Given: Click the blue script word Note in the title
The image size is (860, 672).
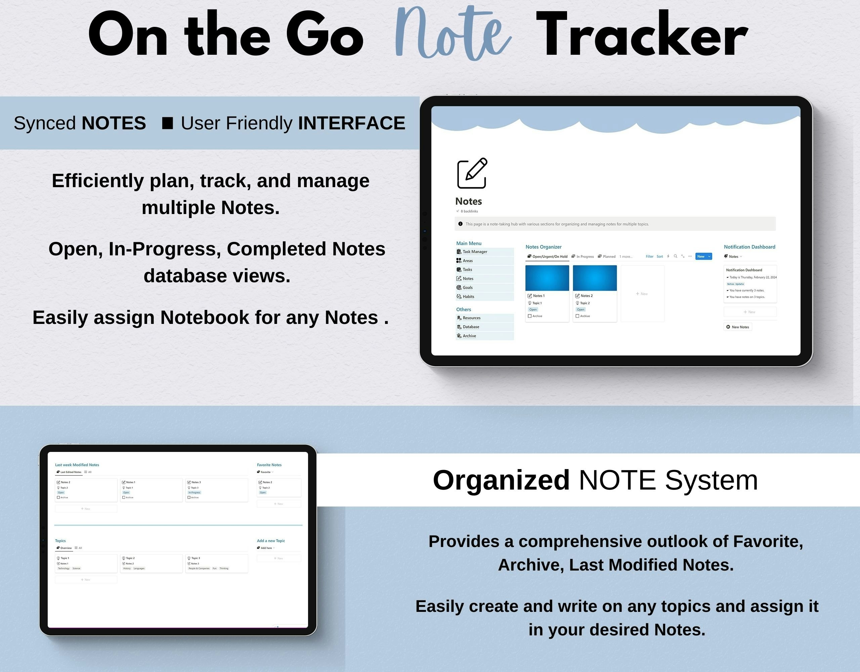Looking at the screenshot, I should click(453, 36).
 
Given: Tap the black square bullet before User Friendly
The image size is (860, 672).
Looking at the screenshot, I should click(168, 123).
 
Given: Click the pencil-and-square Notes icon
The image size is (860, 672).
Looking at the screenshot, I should click(472, 173).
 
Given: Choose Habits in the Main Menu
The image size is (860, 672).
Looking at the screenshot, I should click(468, 297).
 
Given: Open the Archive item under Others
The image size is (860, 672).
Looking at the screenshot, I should click(469, 336).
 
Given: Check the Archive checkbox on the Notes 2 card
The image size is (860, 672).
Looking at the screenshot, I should click(577, 316).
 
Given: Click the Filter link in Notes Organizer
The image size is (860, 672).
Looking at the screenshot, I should click(649, 256).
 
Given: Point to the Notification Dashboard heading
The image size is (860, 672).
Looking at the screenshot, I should click(749, 247).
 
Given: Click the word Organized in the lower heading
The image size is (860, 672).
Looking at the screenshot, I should click(501, 480).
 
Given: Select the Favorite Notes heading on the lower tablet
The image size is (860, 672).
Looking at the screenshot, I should click(269, 465).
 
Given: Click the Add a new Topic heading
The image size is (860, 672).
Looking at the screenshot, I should click(270, 541).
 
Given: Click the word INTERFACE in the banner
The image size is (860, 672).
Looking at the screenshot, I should click(351, 123).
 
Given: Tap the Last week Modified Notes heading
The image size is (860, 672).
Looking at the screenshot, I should click(77, 465).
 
